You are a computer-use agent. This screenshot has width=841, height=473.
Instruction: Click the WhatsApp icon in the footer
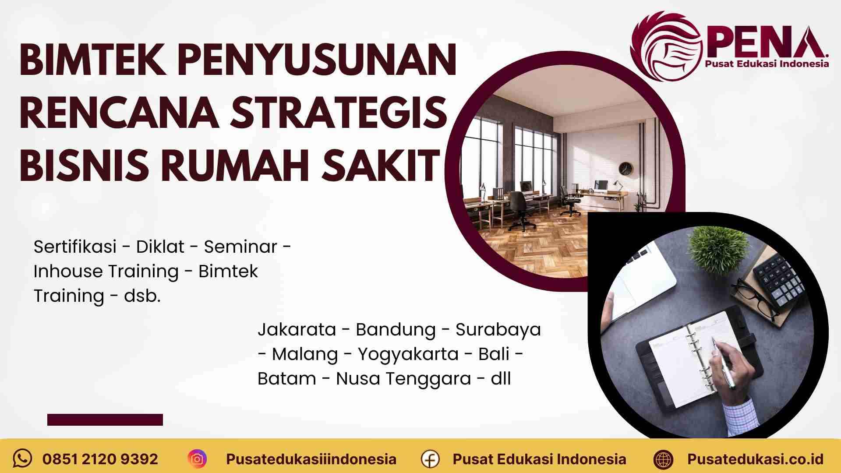click(22, 459)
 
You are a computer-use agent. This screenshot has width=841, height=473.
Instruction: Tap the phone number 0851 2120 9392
click(100, 459)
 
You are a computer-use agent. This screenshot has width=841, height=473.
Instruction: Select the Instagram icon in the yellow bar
click(197, 459)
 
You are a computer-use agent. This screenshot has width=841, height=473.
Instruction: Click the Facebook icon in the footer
click(430, 459)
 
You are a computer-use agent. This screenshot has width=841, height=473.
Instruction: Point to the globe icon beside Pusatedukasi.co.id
click(663, 459)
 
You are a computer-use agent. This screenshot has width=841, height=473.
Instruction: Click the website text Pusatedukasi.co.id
click(755, 459)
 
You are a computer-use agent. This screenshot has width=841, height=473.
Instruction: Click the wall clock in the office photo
click(626, 169)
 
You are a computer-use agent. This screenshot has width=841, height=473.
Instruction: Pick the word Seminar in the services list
click(240, 247)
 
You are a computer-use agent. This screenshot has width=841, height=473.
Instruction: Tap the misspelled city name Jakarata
click(297, 330)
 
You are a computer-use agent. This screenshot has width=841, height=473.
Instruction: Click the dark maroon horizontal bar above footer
click(105, 420)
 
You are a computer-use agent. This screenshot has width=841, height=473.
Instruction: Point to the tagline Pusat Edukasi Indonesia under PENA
click(767, 64)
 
